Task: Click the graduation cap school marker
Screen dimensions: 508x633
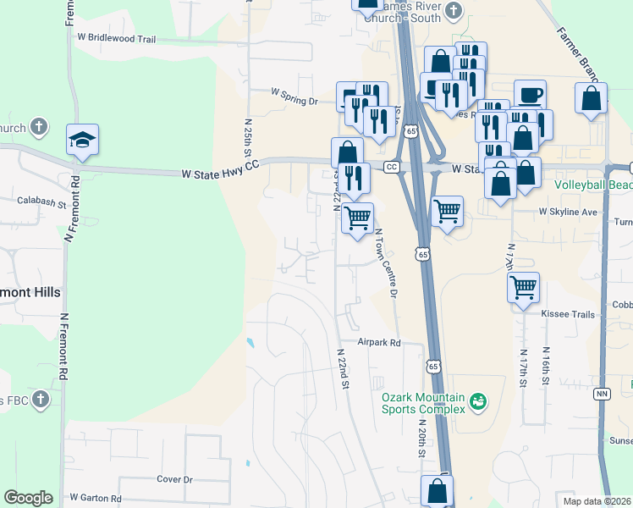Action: tap(83, 140)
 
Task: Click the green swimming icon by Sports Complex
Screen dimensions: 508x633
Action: tap(478, 400)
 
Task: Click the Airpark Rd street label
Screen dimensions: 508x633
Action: tap(378, 343)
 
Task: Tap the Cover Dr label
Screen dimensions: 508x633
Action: tap(175, 479)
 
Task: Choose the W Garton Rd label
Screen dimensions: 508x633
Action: tap(96, 499)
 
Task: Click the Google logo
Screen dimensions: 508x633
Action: tap(28, 498)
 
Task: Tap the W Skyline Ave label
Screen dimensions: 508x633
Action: tap(569, 212)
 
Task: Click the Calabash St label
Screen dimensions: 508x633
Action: tap(41, 203)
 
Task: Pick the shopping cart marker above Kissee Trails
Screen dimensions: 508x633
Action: tap(524, 286)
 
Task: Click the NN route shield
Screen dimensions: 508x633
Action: tap(603, 394)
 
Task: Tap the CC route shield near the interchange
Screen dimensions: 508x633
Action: tap(392, 167)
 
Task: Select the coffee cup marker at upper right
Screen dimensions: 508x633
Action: tap(530, 94)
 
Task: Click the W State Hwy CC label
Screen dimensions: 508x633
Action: tap(219, 174)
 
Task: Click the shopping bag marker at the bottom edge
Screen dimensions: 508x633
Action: tap(437, 490)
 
